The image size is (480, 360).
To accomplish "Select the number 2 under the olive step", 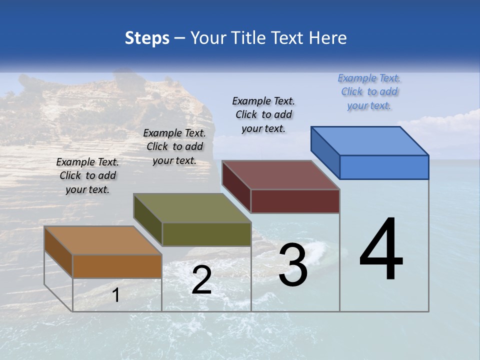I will pyautogui.click(x=201, y=280).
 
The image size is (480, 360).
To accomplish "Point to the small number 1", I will pyautogui.click(x=116, y=295).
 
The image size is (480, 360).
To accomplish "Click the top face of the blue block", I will pyautogui.click(x=370, y=140).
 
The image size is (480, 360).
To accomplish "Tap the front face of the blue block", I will pyautogui.click(x=384, y=167).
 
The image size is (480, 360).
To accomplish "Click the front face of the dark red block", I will pyautogui.click(x=295, y=201).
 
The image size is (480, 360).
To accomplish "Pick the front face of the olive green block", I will pyautogui.click(x=206, y=234).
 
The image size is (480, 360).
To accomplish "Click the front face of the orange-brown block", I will pyautogui.click(x=117, y=266).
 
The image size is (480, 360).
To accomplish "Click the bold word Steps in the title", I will pyautogui.click(x=147, y=38).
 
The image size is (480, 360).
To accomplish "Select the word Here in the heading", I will pyautogui.click(x=327, y=38).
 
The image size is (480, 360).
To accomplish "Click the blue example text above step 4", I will pyautogui.click(x=369, y=91).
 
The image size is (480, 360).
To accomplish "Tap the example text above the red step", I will pyautogui.click(x=263, y=114).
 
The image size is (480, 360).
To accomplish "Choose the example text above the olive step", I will pyautogui.click(x=174, y=146).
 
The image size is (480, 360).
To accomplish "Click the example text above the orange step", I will pyautogui.click(x=87, y=175).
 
